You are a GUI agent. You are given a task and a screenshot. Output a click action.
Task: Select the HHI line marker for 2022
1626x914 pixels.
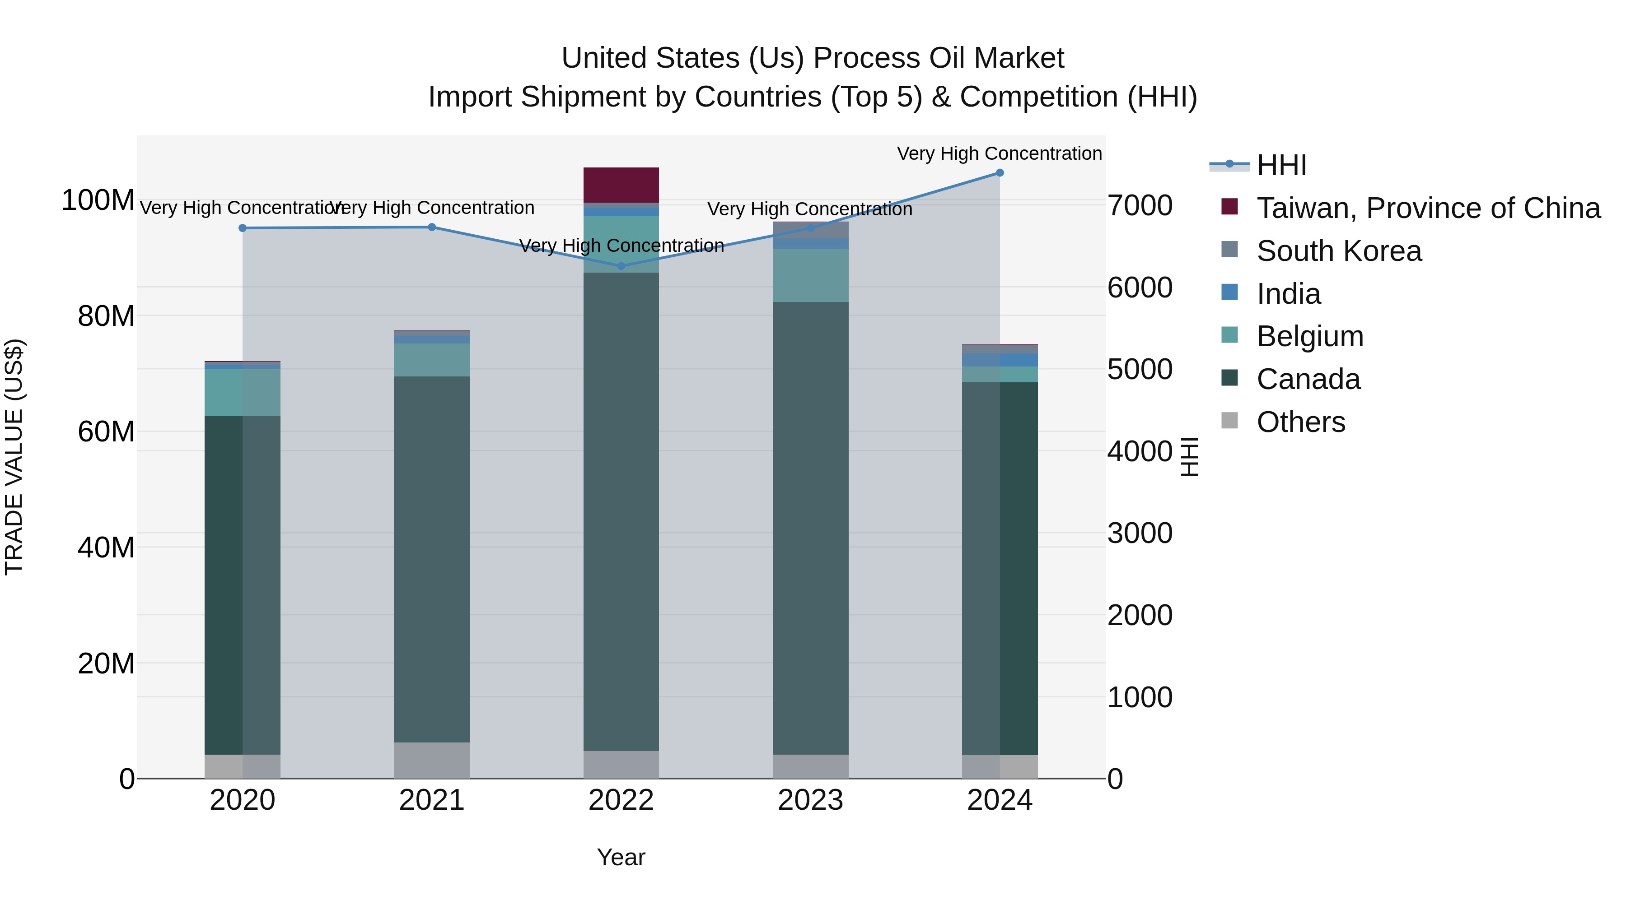[621, 266]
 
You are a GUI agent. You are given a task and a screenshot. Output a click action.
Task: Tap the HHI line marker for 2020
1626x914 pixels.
[243, 228]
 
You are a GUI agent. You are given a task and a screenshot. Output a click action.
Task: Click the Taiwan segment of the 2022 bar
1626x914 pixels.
[621, 185]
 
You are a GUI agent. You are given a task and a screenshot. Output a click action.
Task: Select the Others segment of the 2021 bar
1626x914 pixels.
[432, 760]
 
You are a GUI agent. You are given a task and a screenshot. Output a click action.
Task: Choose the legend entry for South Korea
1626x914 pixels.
[1338, 251]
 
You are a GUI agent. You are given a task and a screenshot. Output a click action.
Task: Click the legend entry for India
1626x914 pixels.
[1288, 294]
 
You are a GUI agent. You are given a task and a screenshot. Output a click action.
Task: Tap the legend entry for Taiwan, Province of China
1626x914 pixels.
[1428, 208]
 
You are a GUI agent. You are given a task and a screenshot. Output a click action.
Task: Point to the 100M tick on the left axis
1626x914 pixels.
[98, 200]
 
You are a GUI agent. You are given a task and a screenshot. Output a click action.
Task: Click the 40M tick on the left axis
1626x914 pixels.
[105, 547]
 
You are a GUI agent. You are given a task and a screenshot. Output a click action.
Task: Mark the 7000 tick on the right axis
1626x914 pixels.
[1140, 206]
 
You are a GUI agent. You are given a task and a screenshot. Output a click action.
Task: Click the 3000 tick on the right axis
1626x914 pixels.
[1140, 533]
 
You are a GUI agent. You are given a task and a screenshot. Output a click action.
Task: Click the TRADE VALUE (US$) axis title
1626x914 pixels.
[14, 457]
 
